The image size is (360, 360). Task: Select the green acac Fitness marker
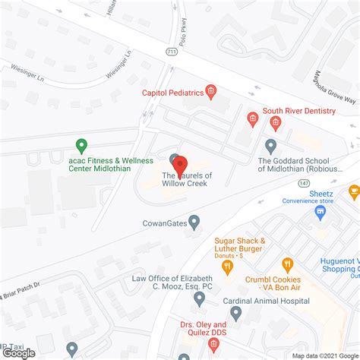pyautogui.click(x=81, y=144)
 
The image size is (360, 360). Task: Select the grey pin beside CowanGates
pyautogui.click(x=194, y=223)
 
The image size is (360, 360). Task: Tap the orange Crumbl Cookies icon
pyautogui.click(x=287, y=265)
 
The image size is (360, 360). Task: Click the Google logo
pyautogui.click(x=20, y=352)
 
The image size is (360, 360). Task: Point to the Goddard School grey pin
pyautogui.click(x=270, y=144)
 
